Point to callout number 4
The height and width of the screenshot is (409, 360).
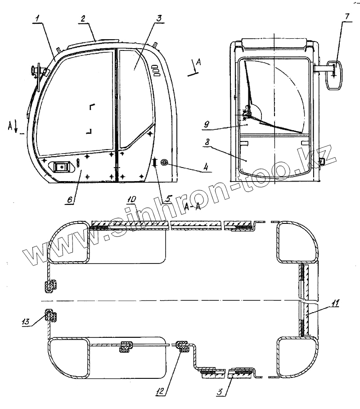(x=205, y=167)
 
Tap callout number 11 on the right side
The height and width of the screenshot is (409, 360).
(x=335, y=303)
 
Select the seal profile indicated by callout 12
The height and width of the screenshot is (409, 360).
(x=182, y=346)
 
